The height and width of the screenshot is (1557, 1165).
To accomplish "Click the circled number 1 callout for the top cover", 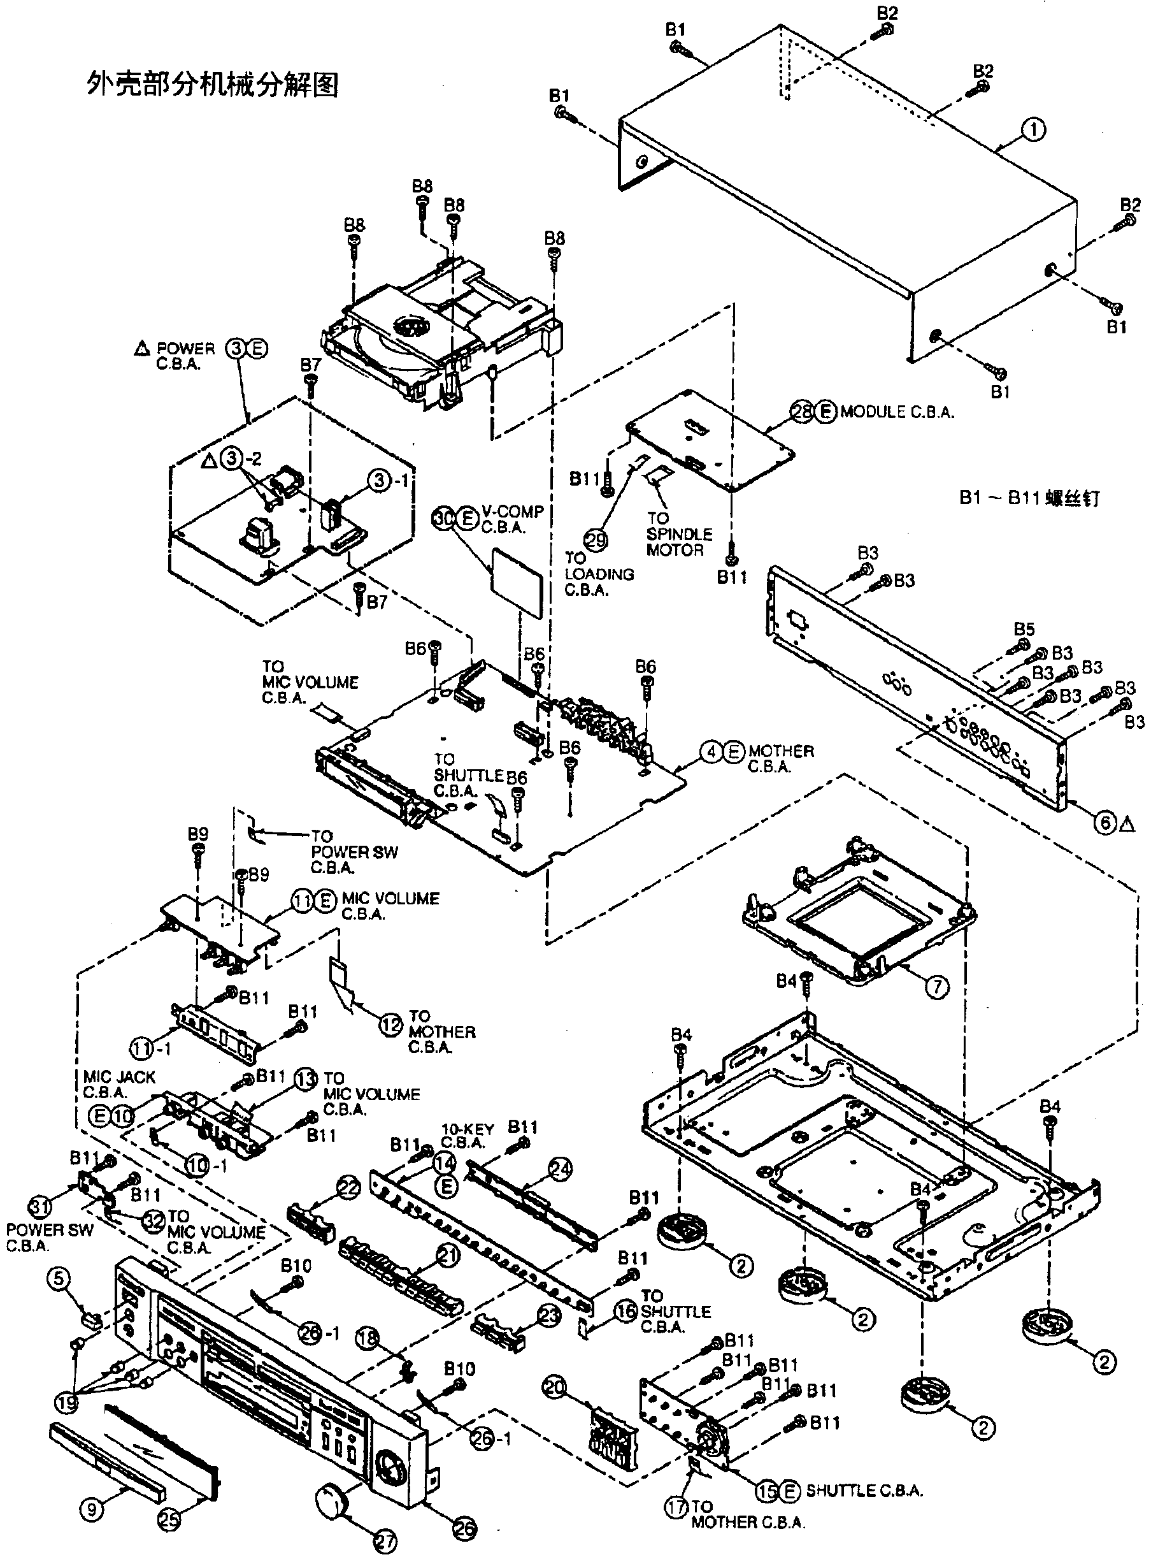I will [x=1033, y=129].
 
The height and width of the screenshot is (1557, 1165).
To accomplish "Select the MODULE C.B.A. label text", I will [x=897, y=412].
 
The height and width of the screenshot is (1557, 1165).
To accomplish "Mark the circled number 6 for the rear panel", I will [x=1105, y=822].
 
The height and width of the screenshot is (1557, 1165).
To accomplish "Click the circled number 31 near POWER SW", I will [x=39, y=1206].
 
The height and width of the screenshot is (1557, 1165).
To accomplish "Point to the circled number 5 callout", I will [x=59, y=1278].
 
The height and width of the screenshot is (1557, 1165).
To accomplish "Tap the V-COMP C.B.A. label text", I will [x=512, y=519].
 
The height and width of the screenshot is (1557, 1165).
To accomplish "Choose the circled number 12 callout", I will [x=391, y=1025].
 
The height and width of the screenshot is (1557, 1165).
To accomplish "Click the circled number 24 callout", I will [x=561, y=1169].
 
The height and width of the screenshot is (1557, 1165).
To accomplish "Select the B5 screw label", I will [x=1024, y=628].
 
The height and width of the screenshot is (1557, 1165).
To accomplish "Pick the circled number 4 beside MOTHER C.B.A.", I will [x=711, y=753].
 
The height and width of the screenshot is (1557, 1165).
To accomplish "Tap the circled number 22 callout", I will [x=348, y=1189].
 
